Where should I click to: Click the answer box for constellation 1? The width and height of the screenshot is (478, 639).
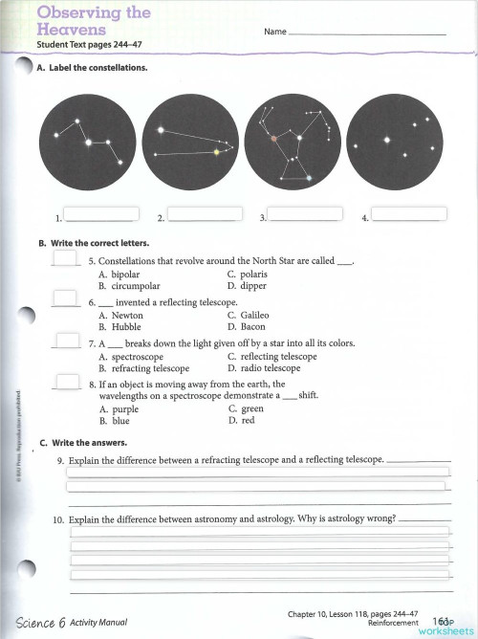100,214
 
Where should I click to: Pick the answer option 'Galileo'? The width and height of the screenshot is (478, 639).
253,315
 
